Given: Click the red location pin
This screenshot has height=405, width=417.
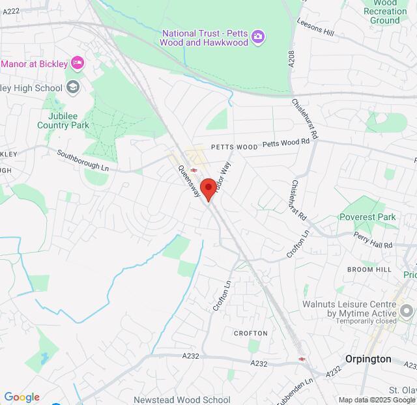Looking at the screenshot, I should coord(208,189).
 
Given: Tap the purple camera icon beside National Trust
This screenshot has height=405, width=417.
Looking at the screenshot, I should coord(258,36).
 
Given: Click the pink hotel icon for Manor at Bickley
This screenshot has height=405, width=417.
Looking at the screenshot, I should coord(78,63).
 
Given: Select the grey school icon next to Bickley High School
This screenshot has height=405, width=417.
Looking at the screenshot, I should coord(73,87).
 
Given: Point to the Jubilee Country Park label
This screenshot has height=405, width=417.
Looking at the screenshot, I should coord(63,120).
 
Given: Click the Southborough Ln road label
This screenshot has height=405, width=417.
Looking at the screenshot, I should coord(82,161).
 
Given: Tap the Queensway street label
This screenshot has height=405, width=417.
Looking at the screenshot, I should coord(189,181).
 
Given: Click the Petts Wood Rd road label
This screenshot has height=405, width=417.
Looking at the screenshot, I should coord(286,142).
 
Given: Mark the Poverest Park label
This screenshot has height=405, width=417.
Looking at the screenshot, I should coord(367,217).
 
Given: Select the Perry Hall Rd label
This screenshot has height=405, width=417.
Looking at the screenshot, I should coord(373,240).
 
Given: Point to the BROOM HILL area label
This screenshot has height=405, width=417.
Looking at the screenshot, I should coord(369,269).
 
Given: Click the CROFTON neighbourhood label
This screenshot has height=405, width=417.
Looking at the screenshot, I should coord(251,333).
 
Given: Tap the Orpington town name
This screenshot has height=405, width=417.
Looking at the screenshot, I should coord(368,359).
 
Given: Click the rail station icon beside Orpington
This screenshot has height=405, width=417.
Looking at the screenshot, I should coord(302,358).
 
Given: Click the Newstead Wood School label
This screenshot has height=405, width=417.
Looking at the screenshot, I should coord(182,400).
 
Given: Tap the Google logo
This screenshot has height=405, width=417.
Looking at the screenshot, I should coord(22,397).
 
